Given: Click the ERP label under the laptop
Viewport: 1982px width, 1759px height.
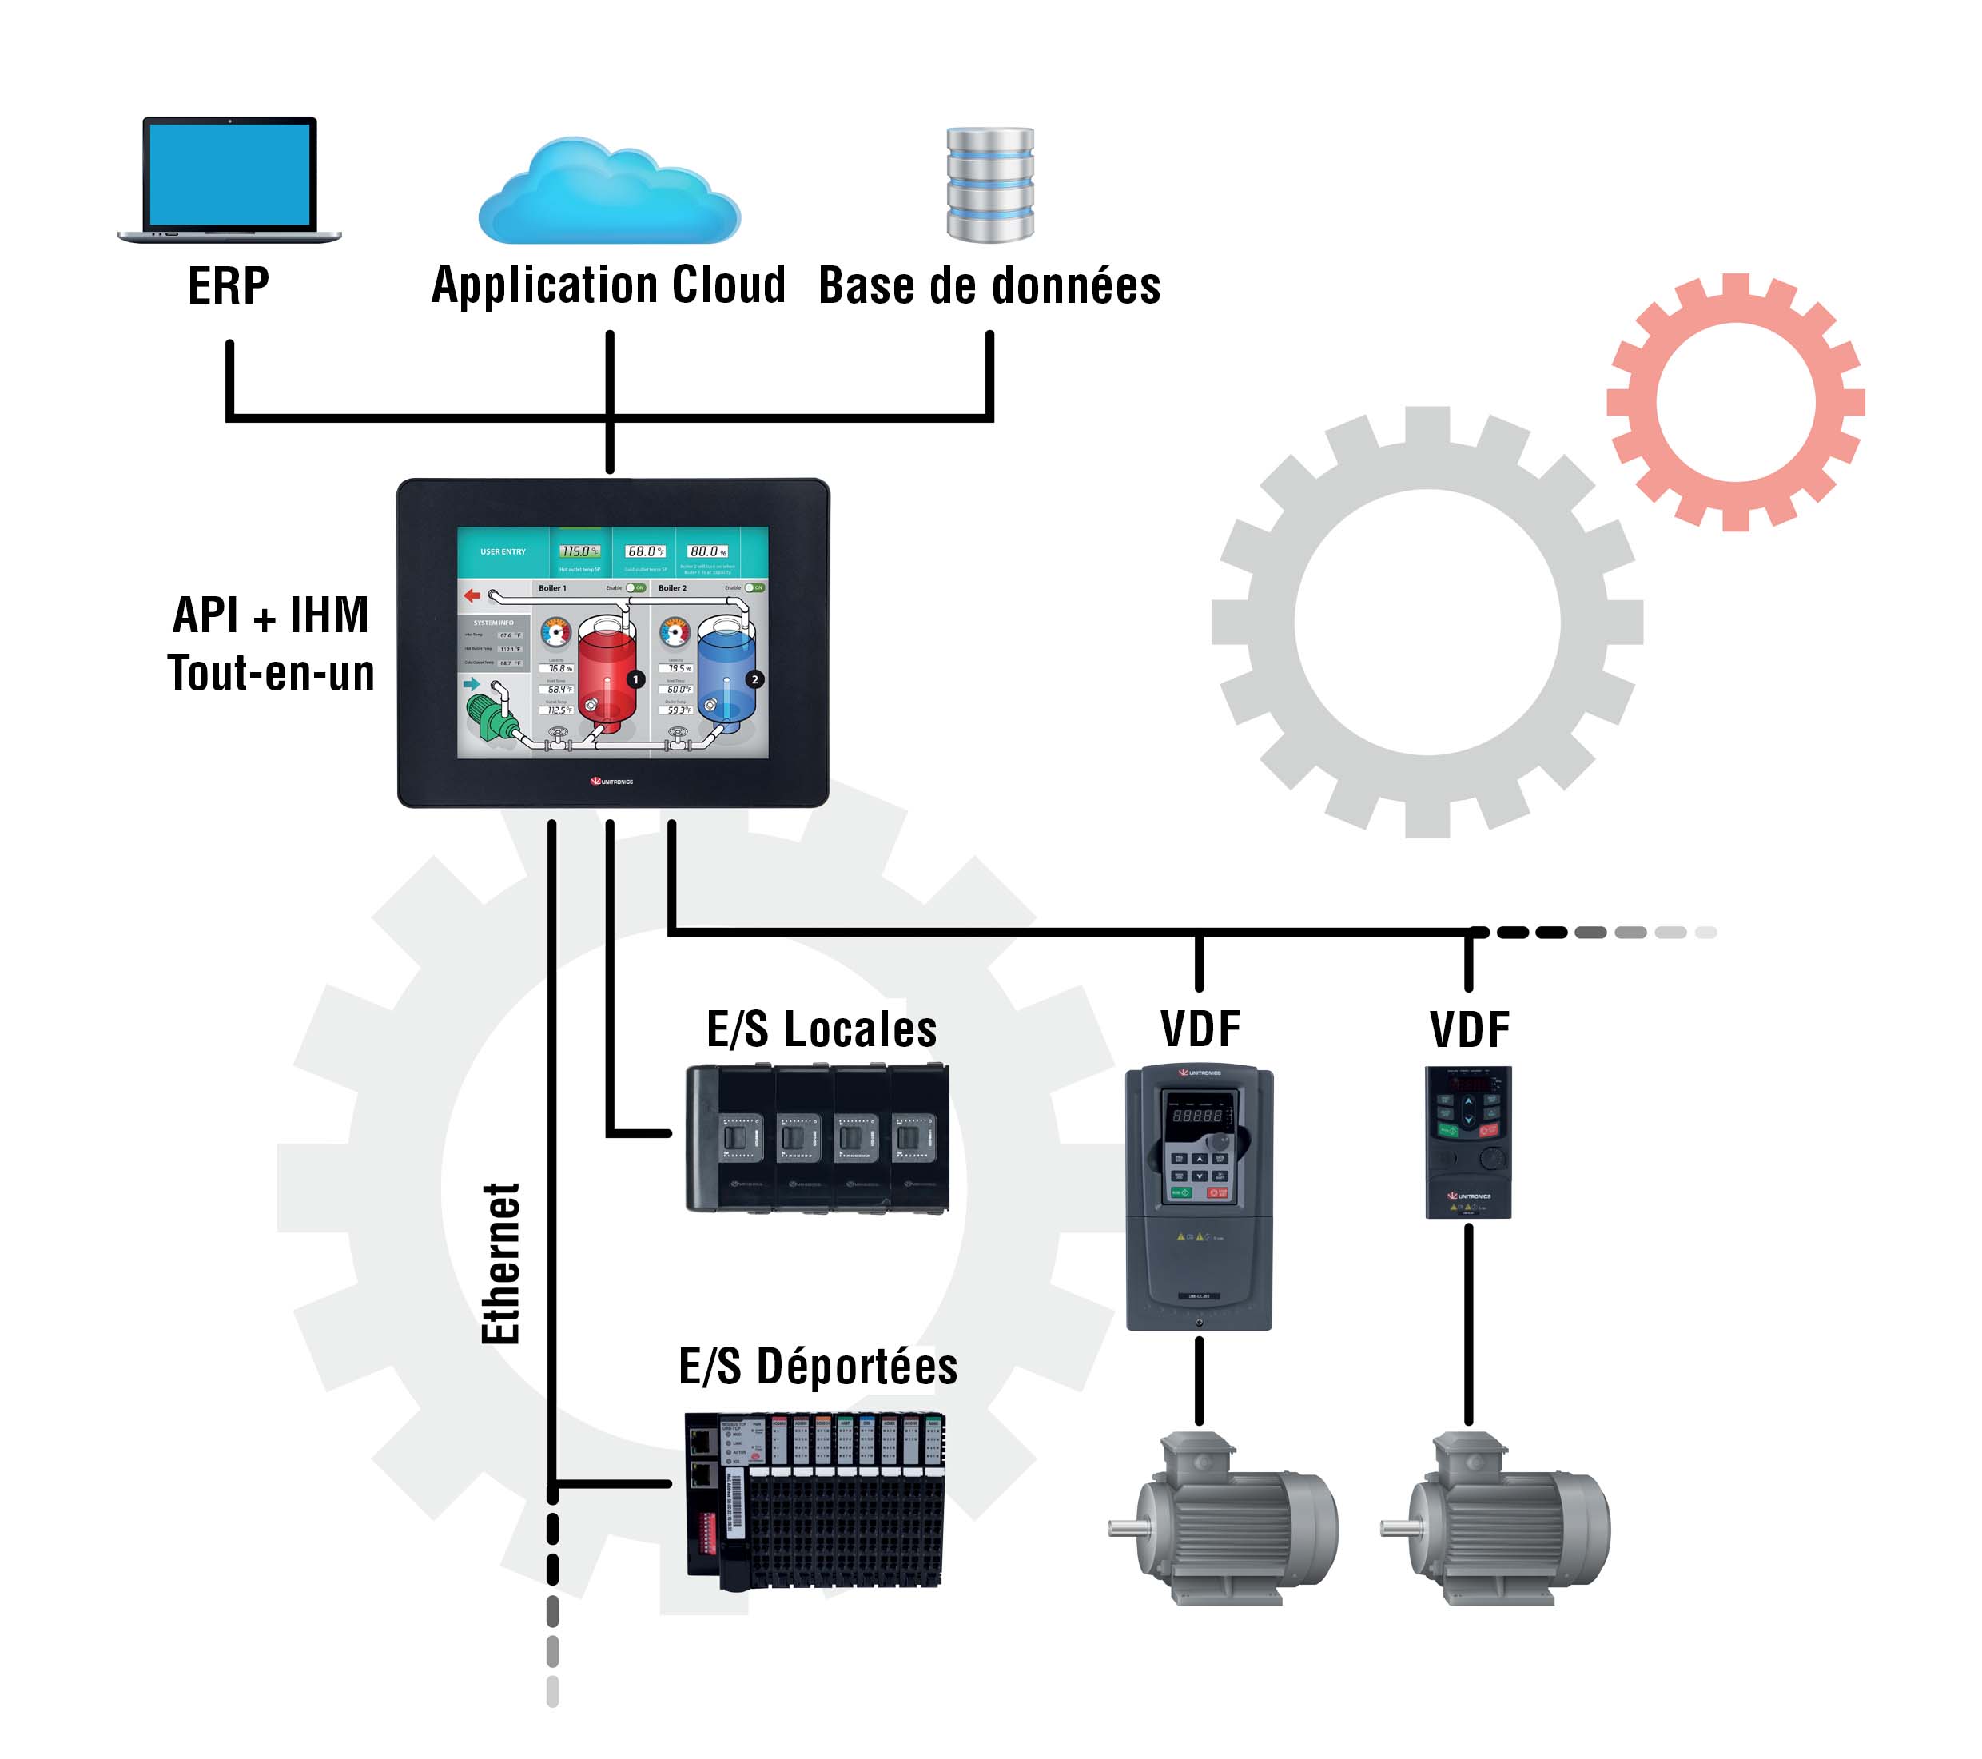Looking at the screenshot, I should [x=228, y=286].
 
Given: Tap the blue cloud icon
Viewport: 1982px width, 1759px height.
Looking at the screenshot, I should [x=609, y=194].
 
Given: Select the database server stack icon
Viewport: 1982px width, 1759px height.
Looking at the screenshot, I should [x=990, y=185].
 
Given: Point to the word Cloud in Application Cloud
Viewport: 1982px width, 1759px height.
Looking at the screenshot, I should [x=728, y=285].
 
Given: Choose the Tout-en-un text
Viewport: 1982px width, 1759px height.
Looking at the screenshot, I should [x=272, y=673].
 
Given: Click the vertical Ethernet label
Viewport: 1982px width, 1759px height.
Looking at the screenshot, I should [x=501, y=1263].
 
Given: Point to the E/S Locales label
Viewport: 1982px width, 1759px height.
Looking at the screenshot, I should [x=822, y=1030].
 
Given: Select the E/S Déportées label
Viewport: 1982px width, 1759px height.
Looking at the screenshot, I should [x=818, y=1367].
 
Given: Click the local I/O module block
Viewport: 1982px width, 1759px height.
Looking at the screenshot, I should [x=817, y=1138].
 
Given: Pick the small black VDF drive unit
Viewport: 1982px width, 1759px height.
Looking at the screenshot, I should [x=1468, y=1142].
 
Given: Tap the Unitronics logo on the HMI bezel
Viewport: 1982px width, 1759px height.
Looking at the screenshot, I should [x=612, y=781].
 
